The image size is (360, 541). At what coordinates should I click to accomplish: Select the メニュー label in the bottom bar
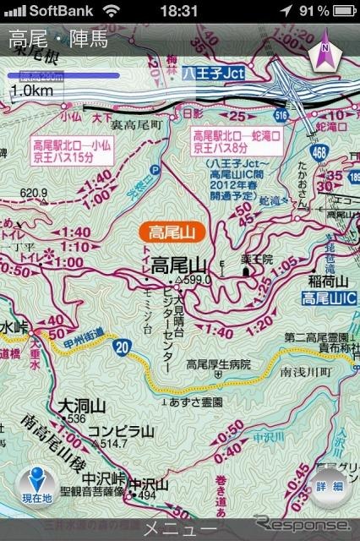click(x=179, y=530)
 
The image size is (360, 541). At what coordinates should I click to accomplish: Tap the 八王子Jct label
click(x=212, y=73)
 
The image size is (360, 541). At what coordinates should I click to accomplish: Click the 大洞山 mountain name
click(x=77, y=407)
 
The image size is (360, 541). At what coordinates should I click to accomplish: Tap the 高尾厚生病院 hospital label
click(x=220, y=364)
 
